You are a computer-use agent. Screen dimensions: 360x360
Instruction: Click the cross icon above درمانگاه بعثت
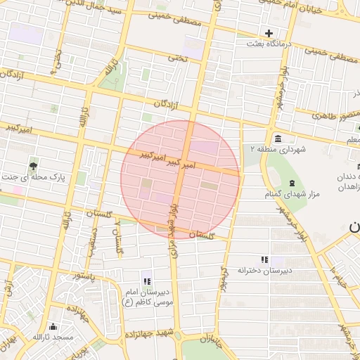(x=269, y=33)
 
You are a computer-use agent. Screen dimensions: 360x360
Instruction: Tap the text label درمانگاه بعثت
(x=269, y=44)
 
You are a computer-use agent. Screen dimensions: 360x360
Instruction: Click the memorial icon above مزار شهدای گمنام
(x=292, y=183)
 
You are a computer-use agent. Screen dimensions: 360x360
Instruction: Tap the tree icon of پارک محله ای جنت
(x=33, y=166)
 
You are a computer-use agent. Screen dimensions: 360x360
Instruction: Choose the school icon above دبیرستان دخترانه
(x=264, y=259)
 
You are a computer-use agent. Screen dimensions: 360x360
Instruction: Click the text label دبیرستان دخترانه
(x=264, y=270)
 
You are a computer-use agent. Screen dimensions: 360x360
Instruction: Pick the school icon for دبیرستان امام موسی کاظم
(x=146, y=281)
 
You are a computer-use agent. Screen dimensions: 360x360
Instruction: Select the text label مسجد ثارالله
(x=52, y=337)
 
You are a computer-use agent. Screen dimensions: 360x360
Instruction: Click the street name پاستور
(x=91, y=276)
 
